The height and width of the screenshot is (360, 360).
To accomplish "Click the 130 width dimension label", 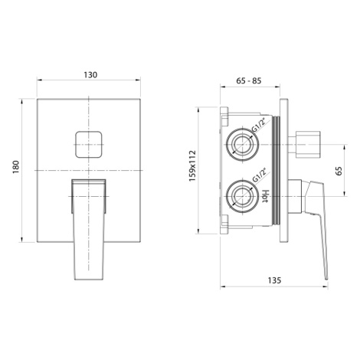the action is pyautogui.click(x=90, y=75).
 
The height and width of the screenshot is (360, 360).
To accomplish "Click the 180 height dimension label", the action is pyautogui.click(x=16, y=167).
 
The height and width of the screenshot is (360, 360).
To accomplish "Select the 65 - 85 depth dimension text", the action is pyautogui.click(x=249, y=80).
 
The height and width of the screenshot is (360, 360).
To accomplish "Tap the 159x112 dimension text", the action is pyautogui.click(x=192, y=166).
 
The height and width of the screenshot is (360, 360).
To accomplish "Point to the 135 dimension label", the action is pyautogui.click(x=274, y=280).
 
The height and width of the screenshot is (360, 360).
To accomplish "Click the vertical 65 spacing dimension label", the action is pyautogui.click(x=339, y=171).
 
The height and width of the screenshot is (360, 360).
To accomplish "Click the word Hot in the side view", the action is pyautogui.click(x=265, y=196).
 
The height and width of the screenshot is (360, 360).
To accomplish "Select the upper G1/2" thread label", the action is pyautogui.click(x=259, y=126).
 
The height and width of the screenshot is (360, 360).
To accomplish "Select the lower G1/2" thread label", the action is pyautogui.click(x=259, y=175).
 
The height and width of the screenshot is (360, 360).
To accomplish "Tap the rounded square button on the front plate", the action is pyautogui.click(x=89, y=145).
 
